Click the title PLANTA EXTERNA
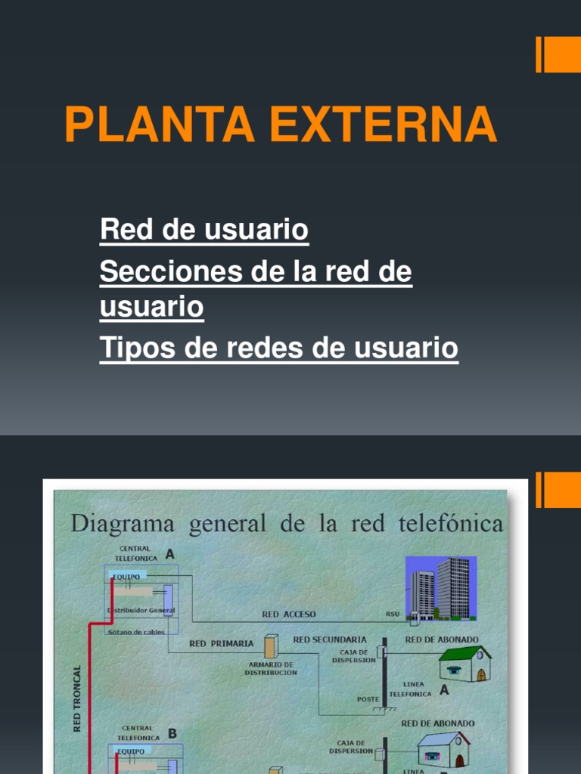[281, 125]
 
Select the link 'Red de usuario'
[204, 230]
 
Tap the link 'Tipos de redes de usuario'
[278, 348]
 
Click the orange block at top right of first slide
[561, 55]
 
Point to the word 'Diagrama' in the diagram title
[122, 523]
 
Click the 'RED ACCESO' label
[289, 615]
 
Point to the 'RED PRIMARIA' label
[221, 644]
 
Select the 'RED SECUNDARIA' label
[330, 639]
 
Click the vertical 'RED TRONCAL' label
[76, 699]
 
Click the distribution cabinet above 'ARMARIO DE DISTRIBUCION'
[270, 646]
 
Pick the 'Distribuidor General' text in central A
[141, 610]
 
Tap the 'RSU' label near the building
[393, 615]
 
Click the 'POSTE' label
[368, 699]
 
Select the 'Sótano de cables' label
[136, 632]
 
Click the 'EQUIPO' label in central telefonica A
[126, 576]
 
